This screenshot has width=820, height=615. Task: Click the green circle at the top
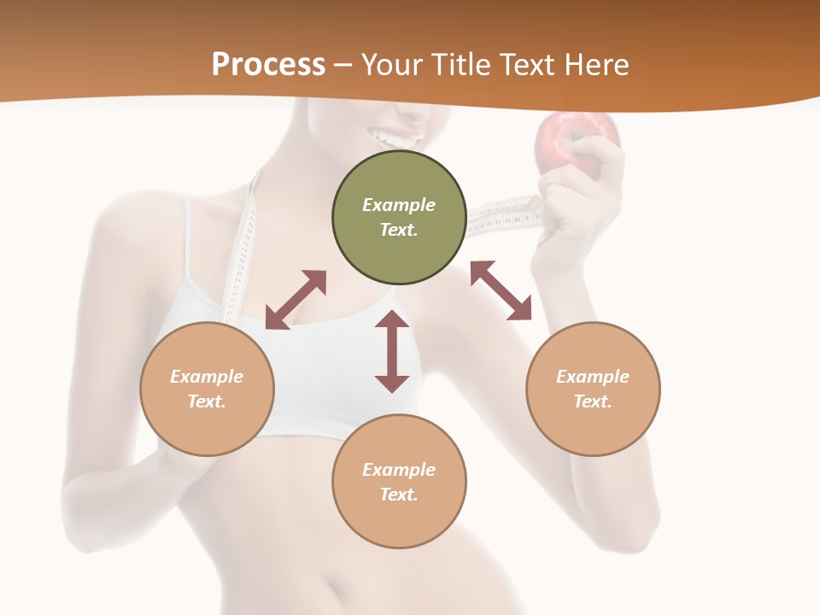399,217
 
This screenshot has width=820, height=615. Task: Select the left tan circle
207,389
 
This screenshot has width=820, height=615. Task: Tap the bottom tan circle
399,481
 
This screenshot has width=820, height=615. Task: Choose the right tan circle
593,389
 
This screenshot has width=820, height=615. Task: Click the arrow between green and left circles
296,300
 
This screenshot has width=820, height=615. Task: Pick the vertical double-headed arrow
392,351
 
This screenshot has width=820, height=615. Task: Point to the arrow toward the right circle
501,290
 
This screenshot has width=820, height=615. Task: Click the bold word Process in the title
268,65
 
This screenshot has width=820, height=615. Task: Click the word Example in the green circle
399,205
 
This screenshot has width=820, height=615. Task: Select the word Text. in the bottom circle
399,495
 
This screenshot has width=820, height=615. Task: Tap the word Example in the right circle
593,377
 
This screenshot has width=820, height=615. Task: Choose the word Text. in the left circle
207,401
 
